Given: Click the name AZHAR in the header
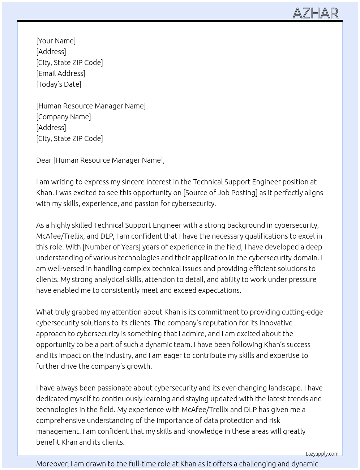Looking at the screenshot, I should click(x=315, y=13).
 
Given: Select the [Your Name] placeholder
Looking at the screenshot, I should click(x=56, y=41).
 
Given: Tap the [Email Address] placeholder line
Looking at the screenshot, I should click(x=61, y=73).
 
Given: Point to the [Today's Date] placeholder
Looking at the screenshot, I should click(x=59, y=84).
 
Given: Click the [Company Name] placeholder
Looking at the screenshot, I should click(x=63, y=117).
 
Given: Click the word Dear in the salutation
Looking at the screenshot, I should click(x=44, y=160).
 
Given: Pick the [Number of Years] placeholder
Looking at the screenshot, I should click(x=111, y=247).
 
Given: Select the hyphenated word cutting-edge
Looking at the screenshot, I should click(x=302, y=312).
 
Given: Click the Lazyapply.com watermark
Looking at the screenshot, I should click(x=322, y=454).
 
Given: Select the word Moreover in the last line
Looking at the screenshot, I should click(x=52, y=464).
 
